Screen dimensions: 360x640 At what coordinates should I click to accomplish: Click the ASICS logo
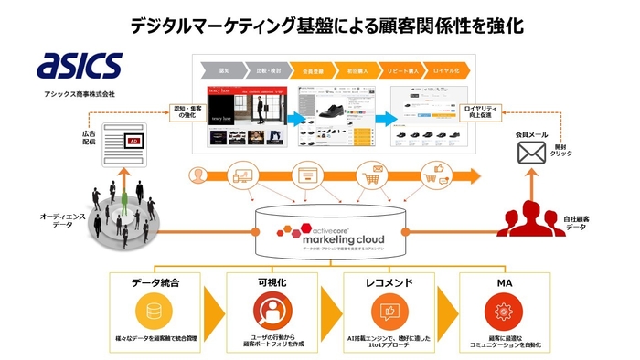[80, 66]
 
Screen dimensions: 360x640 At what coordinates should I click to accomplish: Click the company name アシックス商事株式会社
[80, 93]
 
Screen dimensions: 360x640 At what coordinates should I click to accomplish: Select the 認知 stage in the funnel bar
[216, 69]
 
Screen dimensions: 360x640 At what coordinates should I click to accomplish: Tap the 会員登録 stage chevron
[311, 69]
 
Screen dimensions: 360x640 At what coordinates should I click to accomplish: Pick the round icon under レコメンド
[384, 312]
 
